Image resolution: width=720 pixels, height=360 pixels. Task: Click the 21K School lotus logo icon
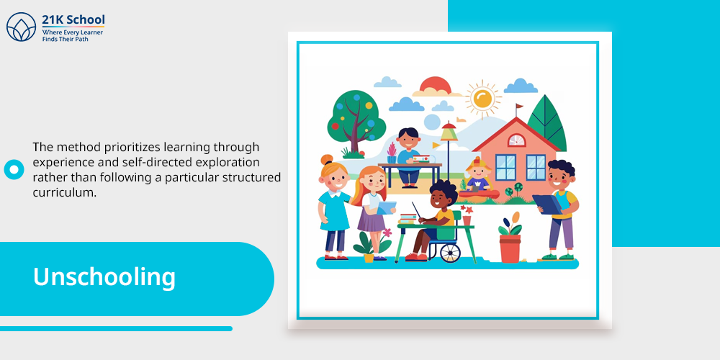(21, 27)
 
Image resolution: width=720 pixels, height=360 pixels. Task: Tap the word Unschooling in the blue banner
(104, 277)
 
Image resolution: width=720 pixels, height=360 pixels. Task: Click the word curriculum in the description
(65, 193)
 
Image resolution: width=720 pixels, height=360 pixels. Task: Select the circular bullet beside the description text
(14, 169)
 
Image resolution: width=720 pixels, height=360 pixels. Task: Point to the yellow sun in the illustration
(482, 98)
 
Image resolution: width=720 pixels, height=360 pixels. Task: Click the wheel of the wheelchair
(450, 252)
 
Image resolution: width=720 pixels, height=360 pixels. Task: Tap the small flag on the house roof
(519, 107)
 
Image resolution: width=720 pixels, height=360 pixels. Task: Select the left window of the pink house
(505, 167)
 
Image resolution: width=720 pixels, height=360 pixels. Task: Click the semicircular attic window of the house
(516, 140)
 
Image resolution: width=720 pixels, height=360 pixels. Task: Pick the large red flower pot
(510, 248)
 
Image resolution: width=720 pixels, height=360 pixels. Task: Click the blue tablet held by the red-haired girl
(387, 208)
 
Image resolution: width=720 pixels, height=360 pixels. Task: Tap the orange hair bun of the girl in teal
(326, 160)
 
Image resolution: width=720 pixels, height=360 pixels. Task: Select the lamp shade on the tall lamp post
(448, 134)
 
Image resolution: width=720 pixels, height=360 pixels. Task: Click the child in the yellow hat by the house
(478, 174)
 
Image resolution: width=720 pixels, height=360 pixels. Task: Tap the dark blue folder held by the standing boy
(547, 204)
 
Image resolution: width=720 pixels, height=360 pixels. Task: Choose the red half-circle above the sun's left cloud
(436, 85)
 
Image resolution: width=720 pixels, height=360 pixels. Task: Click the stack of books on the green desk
(408, 218)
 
